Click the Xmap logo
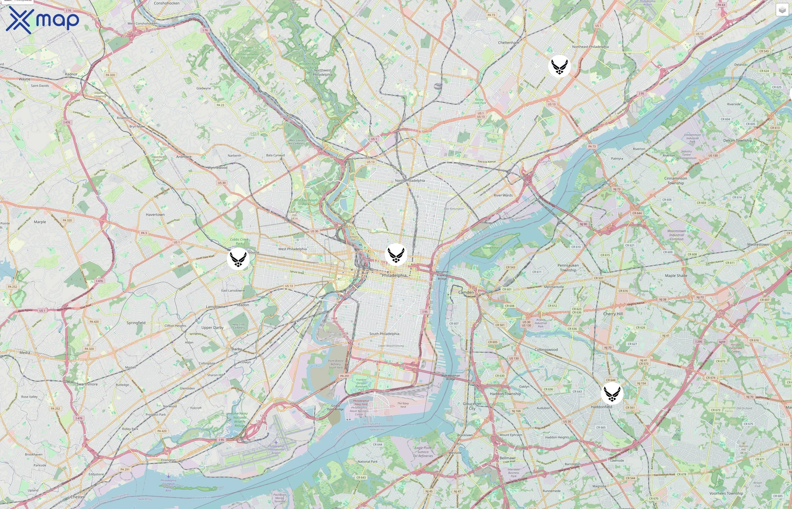pyautogui.click(x=42, y=20)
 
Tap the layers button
pyautogui.click(x=782, y=10)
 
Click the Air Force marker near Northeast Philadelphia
pyautogui.click(x=559, y=66)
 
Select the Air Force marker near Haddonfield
pyautogui.click(x=612, y=393)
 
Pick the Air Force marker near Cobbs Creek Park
pyautogui.click(x=238, y=259)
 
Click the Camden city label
pyautogui.click(x=466, y=292)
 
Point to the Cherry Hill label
pyautogui.click(x=613, y=314)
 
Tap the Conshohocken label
pyautogui.click(x=167, y=3)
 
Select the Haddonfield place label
pyautogui.click(x=601, y=407)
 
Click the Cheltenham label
pyautogui.click(x=508, y=43)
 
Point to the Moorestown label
pyautogui.click(x=758, y=245)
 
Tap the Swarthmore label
pyautogui.click(x=87, y=384)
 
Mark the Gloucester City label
pyautogui.click(x=472, y=406)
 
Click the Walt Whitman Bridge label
pyautogui.click(x=451, y=377)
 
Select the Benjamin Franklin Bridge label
pyautogui.click(x=442, y=275)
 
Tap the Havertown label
pyautogui.click(x=155, y=215)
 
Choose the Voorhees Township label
pyautogui.click(x=726, y=493)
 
